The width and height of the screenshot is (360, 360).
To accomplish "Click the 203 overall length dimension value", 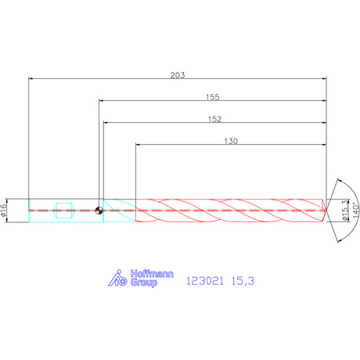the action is (x=178, y=75).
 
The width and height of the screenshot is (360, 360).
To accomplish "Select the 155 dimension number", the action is (x=213, y=97).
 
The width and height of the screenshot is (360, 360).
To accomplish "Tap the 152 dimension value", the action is (x=214, y=119).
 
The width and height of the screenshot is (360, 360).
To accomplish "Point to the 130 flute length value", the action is (x=231, y=141).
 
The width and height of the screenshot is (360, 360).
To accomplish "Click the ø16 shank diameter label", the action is (x=3, y=211).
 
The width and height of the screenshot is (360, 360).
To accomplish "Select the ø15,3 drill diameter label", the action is (x=345, y=211).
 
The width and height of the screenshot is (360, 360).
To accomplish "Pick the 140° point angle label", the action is (x=356, y=211).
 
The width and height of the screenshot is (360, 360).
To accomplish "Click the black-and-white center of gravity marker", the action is (x=99, y=211).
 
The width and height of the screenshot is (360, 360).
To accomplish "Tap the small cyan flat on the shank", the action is (x=64, y=211).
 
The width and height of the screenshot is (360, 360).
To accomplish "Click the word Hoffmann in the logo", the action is (x=152, y=274).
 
